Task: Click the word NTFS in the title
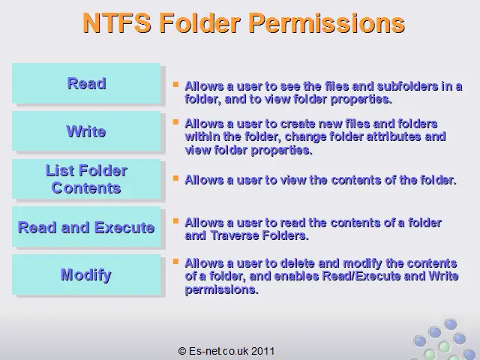click(117, 23)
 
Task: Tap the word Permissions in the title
click(327, 23)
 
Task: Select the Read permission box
click(86, 83)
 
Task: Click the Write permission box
click(86, 131)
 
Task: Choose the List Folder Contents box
click(86, 179)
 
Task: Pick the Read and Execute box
click(86, 226)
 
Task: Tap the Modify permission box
click(86, 274)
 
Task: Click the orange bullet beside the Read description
click(175, 84)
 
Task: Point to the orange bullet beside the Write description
click(175, 122)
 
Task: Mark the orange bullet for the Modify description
click(175, 262)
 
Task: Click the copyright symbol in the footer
click(182, 351)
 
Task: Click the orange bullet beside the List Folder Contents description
click(175, 178)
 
